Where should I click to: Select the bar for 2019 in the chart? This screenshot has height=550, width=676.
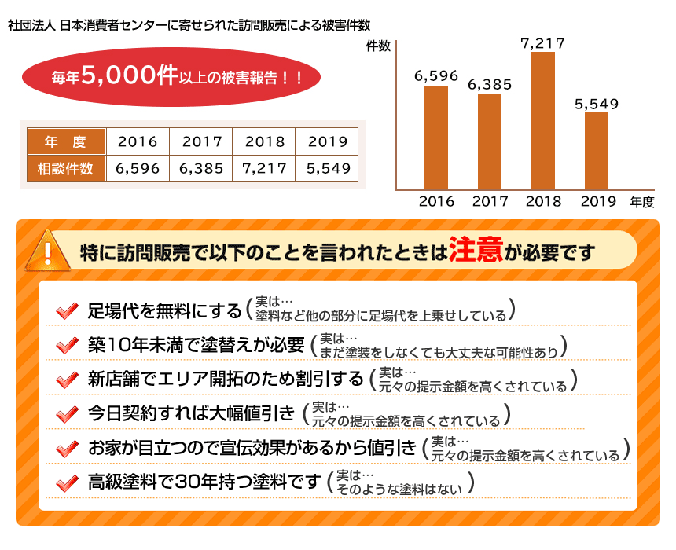pyautogui.click(x=596, y=150)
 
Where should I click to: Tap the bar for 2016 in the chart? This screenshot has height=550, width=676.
pyautogui.click(x=436, y=137)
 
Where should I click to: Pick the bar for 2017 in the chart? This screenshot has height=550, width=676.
pyautogui.click(x=489, y=141)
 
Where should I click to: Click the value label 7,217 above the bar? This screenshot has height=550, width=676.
pyautogui.click(x=542, y=43)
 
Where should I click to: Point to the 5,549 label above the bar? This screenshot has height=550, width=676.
pyautogui.click(x=596, y=103)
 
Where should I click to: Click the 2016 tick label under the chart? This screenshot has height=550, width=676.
pyautogui.click(x=436, y=201)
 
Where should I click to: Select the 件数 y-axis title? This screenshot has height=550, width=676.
pyautogui.click(x=378, y=46)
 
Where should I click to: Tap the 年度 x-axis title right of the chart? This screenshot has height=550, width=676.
pyautogui.click(x=641, y=201)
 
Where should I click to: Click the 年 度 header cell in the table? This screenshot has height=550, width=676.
pyautogui.click(x=66, y=142)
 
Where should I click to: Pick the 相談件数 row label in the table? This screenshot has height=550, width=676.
pyautogui.click(x=66, y=168)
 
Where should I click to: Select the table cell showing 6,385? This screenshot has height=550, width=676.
pyautogui.click(x=201, y=168)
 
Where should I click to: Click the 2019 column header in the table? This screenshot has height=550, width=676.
pyautogui.click(x=328, y=142)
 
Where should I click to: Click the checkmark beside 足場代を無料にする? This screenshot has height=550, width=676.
pyautogui.click(x=67, y=310)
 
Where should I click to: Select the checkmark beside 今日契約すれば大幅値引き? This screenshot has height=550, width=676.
pyautogui.click(x=67, y=413)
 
